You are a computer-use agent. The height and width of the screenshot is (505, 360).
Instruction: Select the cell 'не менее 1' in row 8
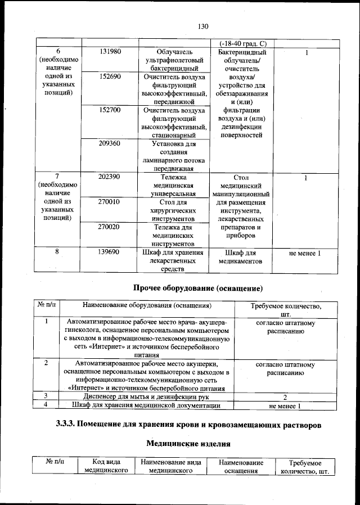(305, 253)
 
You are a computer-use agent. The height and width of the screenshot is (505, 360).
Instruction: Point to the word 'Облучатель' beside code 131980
(174, 52)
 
